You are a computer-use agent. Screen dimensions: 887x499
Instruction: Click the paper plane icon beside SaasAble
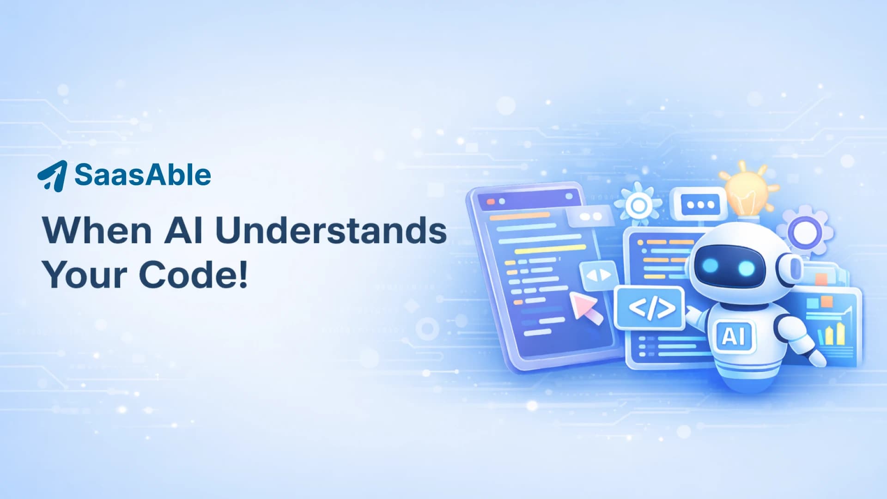tap(52, 176)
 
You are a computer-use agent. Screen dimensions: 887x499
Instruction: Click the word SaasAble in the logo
tap(143, 175)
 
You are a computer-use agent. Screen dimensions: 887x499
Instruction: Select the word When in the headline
tap(97, 230)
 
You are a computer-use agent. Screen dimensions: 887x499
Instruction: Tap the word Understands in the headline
tap(331, 230)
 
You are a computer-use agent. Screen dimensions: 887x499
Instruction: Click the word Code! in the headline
tap(194, 274)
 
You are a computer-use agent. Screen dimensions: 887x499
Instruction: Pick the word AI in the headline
tap(183, 230)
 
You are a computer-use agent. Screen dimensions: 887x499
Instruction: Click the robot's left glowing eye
tap(711, 266)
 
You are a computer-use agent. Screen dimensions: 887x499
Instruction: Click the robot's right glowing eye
tap(745, 268)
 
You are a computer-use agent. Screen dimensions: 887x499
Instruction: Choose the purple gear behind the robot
tap(805, 231)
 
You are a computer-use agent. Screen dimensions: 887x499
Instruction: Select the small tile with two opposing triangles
tap(599, 275)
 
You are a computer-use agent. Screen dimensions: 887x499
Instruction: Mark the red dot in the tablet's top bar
tap(491, 202)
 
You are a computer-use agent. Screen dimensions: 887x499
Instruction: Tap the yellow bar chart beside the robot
tap(832, 334)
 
